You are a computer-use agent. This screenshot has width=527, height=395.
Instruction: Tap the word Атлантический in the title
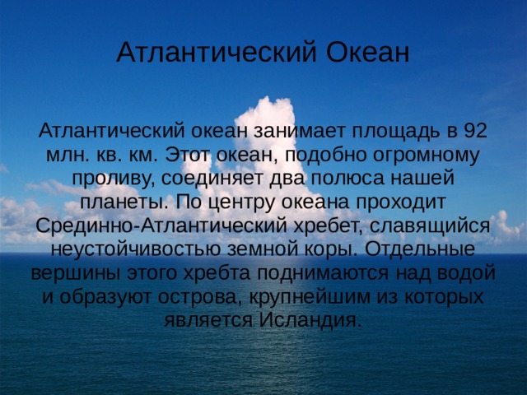click(x=217, y=52)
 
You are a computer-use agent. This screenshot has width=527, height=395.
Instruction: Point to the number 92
click(x=475, y=131)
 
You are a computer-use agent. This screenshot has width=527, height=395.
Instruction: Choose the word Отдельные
click(x=419, y=250)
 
